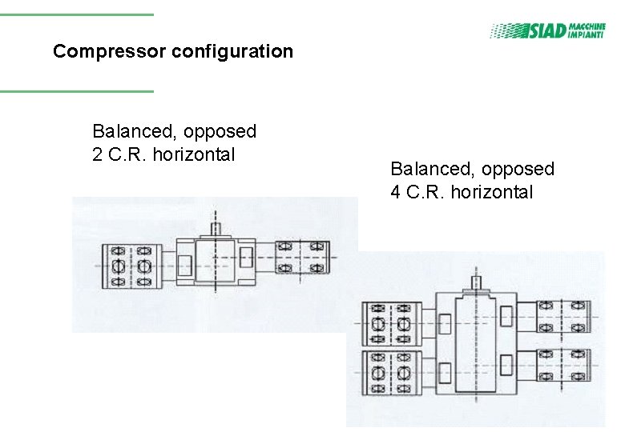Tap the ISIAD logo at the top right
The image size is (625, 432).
pos(547,30)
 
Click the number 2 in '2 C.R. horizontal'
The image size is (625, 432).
pos(98,154)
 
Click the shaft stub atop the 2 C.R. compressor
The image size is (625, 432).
pos(216,228)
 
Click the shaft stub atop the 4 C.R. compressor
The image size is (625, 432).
pos(475,283)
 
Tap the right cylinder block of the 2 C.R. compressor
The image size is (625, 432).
pos(301,257)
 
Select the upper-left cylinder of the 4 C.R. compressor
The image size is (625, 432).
pos(389,324)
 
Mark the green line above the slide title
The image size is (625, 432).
pos(76,14)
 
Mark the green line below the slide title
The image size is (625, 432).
pos(76,90)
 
